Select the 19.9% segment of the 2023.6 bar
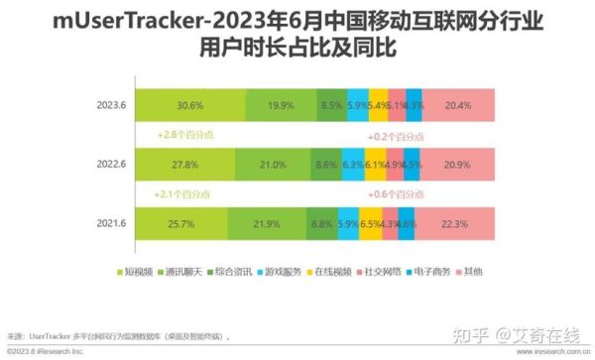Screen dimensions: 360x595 click(281, 105)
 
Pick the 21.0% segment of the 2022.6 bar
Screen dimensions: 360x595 click(271, 165)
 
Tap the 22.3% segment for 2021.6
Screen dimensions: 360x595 click(456, 225)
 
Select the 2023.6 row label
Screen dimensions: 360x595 click(110, 105)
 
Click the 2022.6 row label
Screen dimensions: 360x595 click(110, 165)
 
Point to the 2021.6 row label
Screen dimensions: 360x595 click(110, 225)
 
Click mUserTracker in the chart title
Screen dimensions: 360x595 click(108, 20)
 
